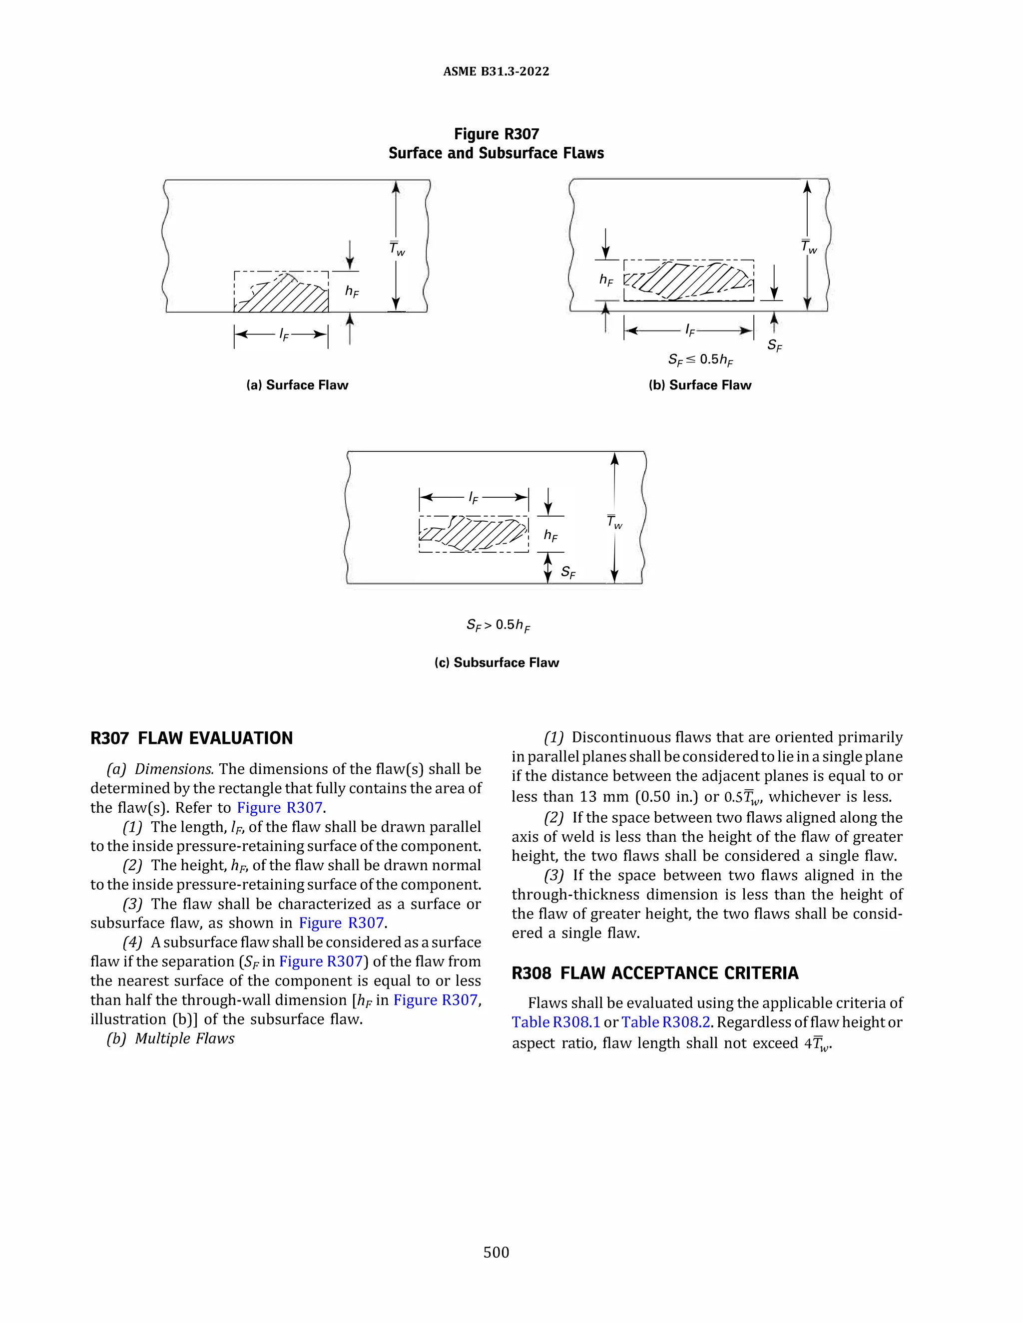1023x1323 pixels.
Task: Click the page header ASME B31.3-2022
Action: point(496,71)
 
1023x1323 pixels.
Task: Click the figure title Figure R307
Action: point(496,134)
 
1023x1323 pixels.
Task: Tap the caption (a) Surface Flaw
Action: point(297,385)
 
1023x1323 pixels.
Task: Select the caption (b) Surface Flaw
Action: point(699,385)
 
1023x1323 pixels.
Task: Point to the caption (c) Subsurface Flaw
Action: point(497,662)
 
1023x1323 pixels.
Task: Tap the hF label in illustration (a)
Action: point(352,292)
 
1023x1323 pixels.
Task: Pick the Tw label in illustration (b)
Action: point(809,247)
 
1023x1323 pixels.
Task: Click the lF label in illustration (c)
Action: point(474,498)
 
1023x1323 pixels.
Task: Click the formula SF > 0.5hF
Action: point(498,625)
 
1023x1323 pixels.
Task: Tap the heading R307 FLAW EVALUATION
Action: point(191,738)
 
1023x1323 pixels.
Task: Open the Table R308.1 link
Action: point(555,1022)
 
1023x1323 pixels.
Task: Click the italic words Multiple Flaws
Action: point(184,1039)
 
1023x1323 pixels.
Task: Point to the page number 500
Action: point(496,1252)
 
